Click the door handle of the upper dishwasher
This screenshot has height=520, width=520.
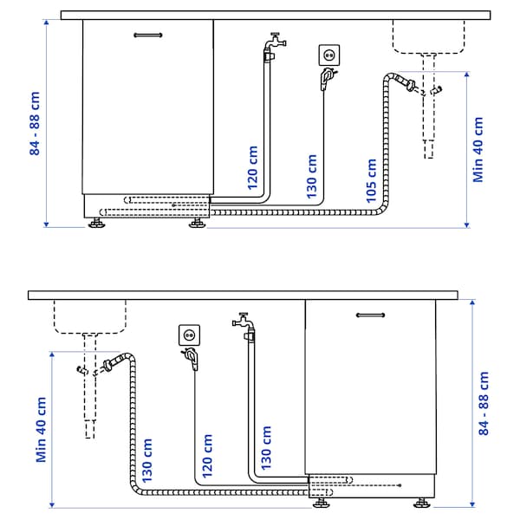coord(147,35)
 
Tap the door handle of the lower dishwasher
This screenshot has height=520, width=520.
coord(371,317)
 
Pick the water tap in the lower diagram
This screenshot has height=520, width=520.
coord(244,322)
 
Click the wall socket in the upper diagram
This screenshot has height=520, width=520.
coord(329,55)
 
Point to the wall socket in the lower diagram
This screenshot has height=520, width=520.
coord(189,334)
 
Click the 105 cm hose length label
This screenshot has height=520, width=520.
coord(372,180)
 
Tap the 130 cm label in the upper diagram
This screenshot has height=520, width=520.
coord(312,176)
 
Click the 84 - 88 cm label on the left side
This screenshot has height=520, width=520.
coord(36,123)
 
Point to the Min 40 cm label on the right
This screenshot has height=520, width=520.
coord(478,149)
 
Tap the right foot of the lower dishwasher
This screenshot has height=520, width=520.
coord(422,502)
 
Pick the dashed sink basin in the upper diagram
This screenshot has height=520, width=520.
coord(427,36)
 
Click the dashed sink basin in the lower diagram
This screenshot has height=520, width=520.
coord(89,316)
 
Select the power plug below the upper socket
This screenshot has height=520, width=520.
coord(326,81)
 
